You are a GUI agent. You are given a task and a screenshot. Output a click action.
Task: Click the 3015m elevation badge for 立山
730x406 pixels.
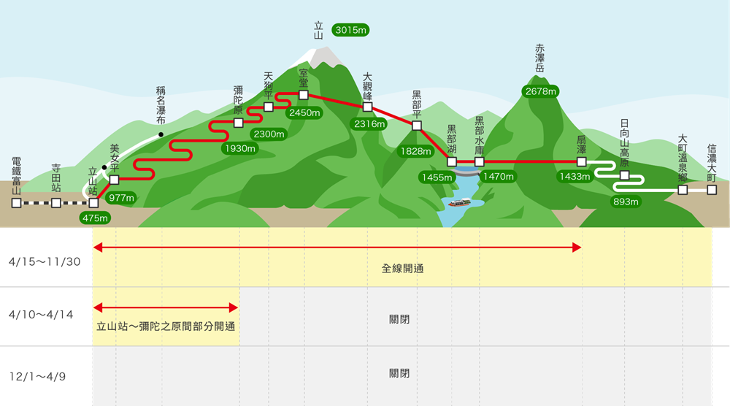[350, 30]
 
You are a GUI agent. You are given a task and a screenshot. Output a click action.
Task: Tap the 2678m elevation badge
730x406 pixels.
[541, 91]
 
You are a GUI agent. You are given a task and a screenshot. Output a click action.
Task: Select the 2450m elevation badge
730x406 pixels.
[304, 113]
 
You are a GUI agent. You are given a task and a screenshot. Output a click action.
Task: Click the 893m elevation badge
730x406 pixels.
[626, 202]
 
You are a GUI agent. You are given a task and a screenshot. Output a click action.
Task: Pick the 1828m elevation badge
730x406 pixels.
[414, 151]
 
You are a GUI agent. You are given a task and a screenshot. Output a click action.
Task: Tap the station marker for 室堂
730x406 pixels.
[304, 95]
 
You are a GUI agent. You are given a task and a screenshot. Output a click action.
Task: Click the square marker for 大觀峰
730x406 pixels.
[368, 107]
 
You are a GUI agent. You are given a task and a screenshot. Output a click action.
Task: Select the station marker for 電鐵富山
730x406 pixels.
[16, 202]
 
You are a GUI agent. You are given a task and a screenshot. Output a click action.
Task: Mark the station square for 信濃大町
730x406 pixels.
[712, 190]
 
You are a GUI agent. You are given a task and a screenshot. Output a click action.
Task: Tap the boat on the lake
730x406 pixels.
[458, 202]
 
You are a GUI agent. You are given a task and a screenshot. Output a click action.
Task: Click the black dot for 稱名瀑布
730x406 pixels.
[161, 135]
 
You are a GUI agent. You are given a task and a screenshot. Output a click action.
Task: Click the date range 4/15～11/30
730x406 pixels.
[46, 261]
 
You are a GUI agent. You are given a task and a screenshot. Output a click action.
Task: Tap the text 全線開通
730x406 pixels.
[402, 268]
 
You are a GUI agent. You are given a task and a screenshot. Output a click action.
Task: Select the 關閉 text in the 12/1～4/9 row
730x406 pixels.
[399, 373]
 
